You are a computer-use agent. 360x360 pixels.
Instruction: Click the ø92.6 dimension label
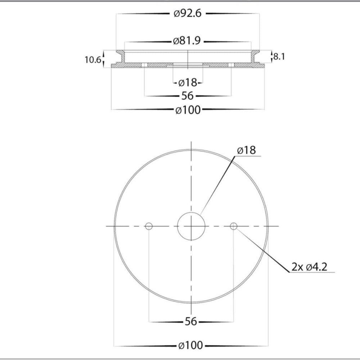tap(188, 13)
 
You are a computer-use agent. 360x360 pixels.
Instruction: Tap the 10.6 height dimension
tap(93, 60)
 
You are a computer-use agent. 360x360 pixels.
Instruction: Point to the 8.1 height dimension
tap(279, 56)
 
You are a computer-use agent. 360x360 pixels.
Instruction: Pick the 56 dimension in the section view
tap(188, 96)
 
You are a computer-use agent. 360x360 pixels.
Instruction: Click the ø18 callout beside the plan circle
tap(246, 150)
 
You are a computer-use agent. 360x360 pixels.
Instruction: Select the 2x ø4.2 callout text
tap(309, 267)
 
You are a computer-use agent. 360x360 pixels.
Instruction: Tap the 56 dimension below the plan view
tap(191, 321)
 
